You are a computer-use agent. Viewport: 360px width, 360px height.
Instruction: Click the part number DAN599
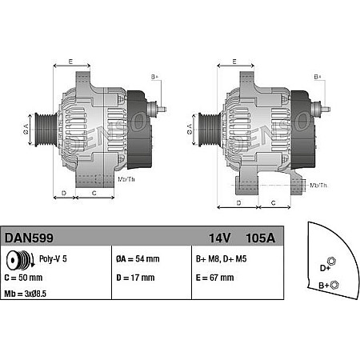(x=25, y=238)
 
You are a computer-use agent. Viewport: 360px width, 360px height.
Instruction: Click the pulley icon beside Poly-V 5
(x=14, y=260)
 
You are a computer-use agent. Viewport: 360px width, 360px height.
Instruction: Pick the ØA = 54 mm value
(x=138, y=259)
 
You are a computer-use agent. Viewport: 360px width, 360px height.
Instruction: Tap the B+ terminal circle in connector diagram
(x=335, y=285)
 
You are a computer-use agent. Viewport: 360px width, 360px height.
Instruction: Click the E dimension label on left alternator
(x=70, y=62)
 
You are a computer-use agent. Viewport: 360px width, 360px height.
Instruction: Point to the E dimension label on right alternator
(x=234, y=62)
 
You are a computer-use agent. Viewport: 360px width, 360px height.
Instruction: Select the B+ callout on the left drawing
(x=154, y=77)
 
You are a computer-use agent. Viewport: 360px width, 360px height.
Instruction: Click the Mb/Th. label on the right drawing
(x=318, y=186)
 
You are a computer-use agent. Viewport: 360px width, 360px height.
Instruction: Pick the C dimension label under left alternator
(x=94, y=194)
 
